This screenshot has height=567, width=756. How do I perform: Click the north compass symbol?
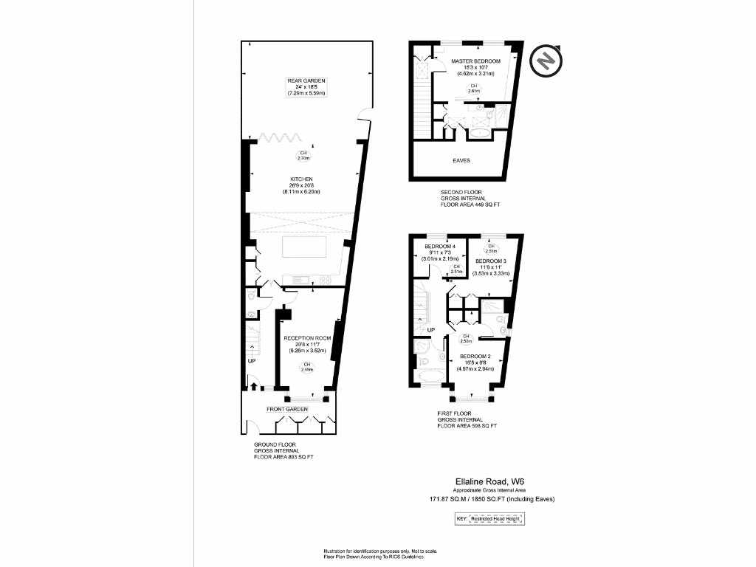coord(546,61)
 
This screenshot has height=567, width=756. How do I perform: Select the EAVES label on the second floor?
coord(461,159)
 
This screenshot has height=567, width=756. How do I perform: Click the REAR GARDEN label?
coord(306,80)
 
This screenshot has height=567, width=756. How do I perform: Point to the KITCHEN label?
coord(301,179)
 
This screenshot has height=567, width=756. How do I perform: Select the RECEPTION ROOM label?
coord(307,338)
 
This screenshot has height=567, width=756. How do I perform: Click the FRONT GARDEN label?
coord(286,408)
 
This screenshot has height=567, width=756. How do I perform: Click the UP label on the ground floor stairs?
coord(251,362)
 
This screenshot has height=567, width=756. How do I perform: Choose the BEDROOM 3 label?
coord(491,261)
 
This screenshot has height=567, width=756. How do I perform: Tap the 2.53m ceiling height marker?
coord(466,340)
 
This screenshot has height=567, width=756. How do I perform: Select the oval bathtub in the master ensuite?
coord(479,135)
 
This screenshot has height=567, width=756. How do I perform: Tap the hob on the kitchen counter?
coord(323,278)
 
